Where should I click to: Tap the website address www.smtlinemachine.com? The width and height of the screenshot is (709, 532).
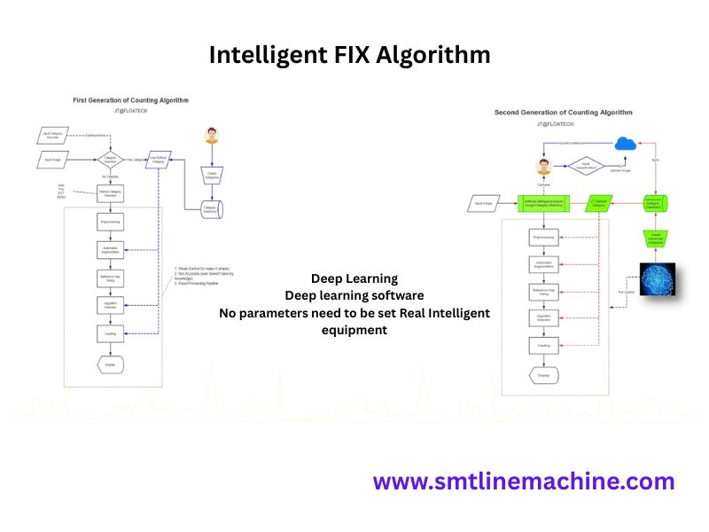pyautogui.click(x=523, y=481)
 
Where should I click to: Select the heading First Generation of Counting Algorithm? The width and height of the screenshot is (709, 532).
pyautogui.click(x=130, y=101)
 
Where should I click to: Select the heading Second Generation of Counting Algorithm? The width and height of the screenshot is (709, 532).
pyautogui.click(x=563, y=113)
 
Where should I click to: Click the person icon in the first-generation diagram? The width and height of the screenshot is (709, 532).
pyautogui.click(x=211, y=136)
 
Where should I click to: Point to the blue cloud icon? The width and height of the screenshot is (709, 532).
pyautogui.click(x=627, y=144)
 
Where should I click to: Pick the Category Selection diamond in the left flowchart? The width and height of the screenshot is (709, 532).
pyautogui.click(x=112, y=160)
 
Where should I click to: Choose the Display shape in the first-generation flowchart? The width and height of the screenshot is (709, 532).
pyautogui.click(x=109, y=364)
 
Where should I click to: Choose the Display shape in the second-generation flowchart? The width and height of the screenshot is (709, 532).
pyautogui.click(x=542, y=375)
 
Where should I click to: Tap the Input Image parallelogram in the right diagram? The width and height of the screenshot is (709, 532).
pyautogui.click(x=483, y=203)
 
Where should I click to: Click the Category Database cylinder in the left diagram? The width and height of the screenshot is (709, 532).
pyautogui.click(x=211, y=210)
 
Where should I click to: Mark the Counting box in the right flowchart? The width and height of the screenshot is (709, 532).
pyautogui.click(x=542, y=345)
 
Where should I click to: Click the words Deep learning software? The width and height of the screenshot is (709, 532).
pyautogui.click(x=354, y=295)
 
